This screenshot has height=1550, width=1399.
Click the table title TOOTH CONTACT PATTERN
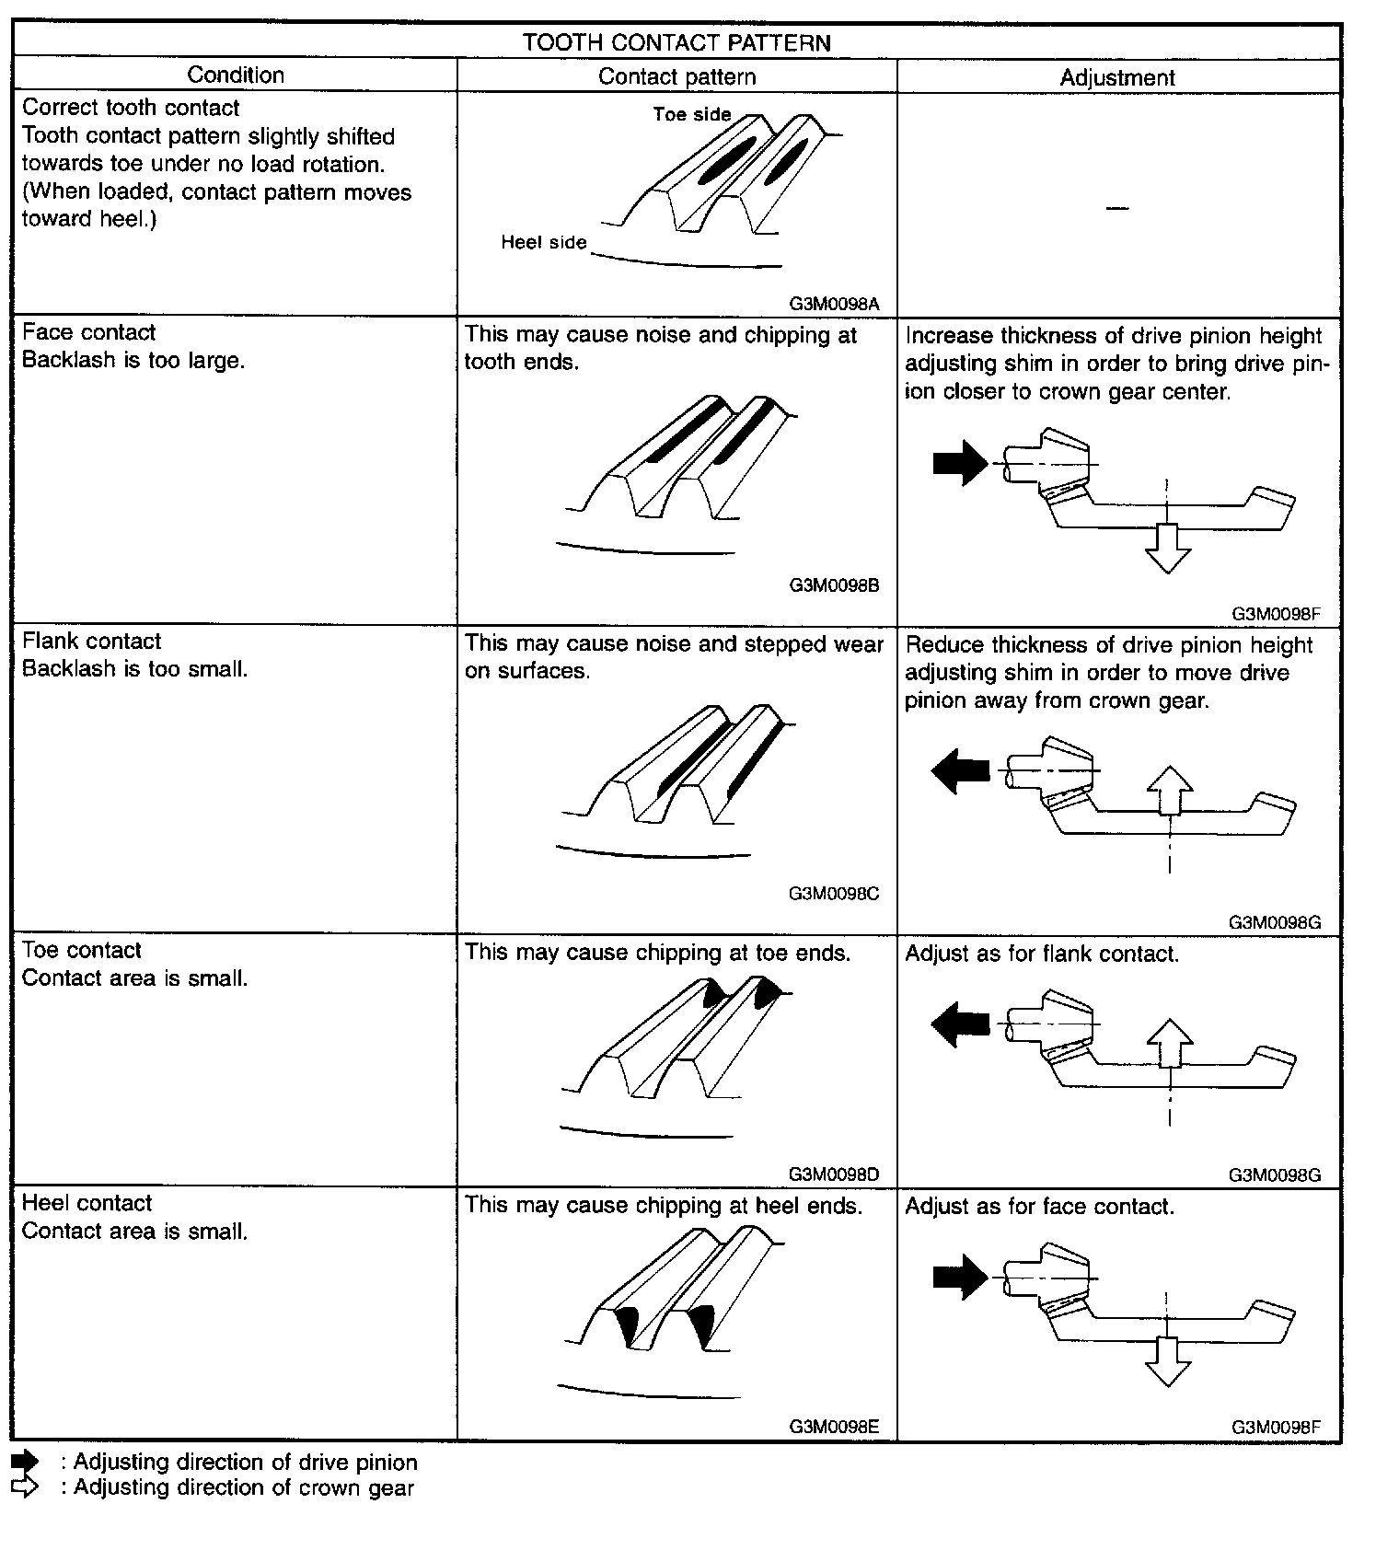pos(676,42)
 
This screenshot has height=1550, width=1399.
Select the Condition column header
pos(236,75)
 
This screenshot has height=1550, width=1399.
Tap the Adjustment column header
pos(1117,77)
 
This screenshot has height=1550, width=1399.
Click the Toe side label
pos(692,114)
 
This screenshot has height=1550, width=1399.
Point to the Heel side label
pos(543,242)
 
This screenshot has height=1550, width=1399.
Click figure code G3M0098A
pos(834,303)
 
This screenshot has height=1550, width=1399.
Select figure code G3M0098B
pos(834,584)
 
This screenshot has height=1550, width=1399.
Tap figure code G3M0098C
pos(834,893)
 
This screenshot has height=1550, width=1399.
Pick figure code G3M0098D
pos(834,1174)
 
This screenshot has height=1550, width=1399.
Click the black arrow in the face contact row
pos(960,462)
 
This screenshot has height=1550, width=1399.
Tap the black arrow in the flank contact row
pos(960,769)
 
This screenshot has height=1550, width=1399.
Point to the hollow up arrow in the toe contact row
pos(1170,1041)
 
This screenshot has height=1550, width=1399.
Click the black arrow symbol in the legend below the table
pos(25,1463)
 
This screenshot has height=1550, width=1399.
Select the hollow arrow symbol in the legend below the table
pos(25,1487)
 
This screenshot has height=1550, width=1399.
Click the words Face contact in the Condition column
pos(88,332)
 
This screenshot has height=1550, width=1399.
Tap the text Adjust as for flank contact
pos(1042,954)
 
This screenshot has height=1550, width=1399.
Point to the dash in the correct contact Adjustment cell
pos(1117,209)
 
